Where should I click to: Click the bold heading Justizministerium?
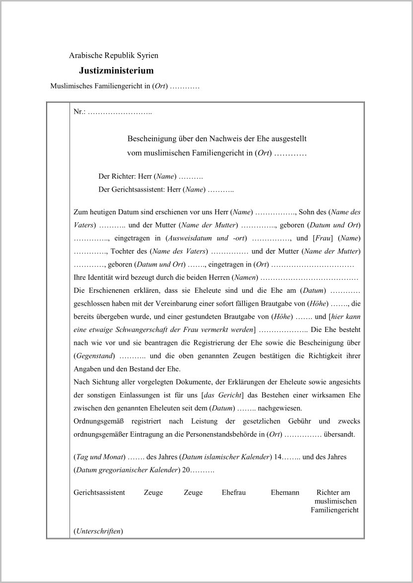coord(116,71)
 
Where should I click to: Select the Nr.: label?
coord(80,112)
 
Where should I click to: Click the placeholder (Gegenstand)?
coord(94,356)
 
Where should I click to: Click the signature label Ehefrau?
coord(234,493)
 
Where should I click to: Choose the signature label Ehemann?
coord(285,493)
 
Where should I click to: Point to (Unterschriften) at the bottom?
coord(98,531)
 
